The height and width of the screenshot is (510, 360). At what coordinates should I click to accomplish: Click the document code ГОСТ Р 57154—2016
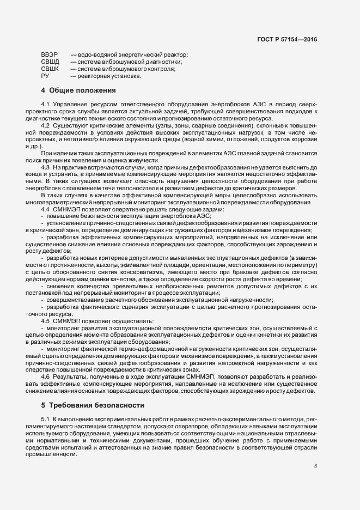tap(288, 39)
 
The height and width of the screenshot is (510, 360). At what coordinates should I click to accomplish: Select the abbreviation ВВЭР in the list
tap(50, 55)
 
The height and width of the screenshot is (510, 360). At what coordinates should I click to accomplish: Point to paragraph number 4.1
tap(46, 104)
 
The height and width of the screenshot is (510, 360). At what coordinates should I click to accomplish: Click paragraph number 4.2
tap(46, 126)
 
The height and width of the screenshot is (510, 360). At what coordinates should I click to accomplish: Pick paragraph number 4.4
tap(46, 209)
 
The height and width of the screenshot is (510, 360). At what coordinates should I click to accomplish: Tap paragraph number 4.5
tap(46, 320)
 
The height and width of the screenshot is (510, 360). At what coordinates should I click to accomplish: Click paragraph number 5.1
tap(46, 418)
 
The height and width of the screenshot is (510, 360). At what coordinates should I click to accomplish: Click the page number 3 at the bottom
tap(315, 466)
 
